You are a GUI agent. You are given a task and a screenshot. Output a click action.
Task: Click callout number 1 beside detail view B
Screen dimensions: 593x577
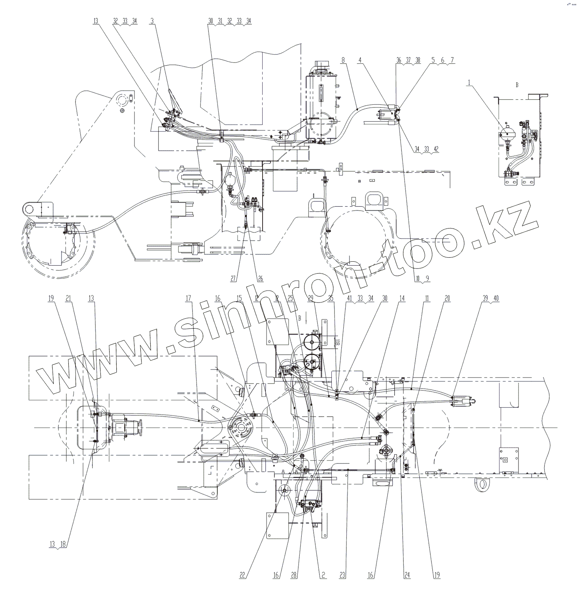pos(469,83)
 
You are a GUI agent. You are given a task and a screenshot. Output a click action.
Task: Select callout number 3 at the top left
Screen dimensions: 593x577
pos(152,21)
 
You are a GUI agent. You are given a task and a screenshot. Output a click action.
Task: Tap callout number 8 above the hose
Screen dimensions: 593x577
pos(343,60)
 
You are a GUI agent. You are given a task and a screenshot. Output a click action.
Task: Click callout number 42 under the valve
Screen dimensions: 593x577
pos(436,149)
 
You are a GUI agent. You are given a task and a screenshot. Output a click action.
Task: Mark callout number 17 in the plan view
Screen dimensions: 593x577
pos(188,299)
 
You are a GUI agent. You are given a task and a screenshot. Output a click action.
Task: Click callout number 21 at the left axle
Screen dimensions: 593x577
pos(68,299)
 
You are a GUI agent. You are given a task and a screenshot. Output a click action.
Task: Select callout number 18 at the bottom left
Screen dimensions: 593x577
pos(62,544)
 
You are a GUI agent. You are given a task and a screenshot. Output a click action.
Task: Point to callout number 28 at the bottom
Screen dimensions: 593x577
pos(294,575)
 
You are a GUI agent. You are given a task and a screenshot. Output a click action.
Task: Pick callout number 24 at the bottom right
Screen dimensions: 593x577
pos(407,575)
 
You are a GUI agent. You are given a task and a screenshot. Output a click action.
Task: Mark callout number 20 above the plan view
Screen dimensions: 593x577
pos(447,299)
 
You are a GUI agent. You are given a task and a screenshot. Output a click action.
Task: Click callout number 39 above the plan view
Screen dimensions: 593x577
pos(485,299)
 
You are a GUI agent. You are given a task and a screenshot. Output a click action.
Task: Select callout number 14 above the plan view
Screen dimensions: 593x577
pos(402,299)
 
